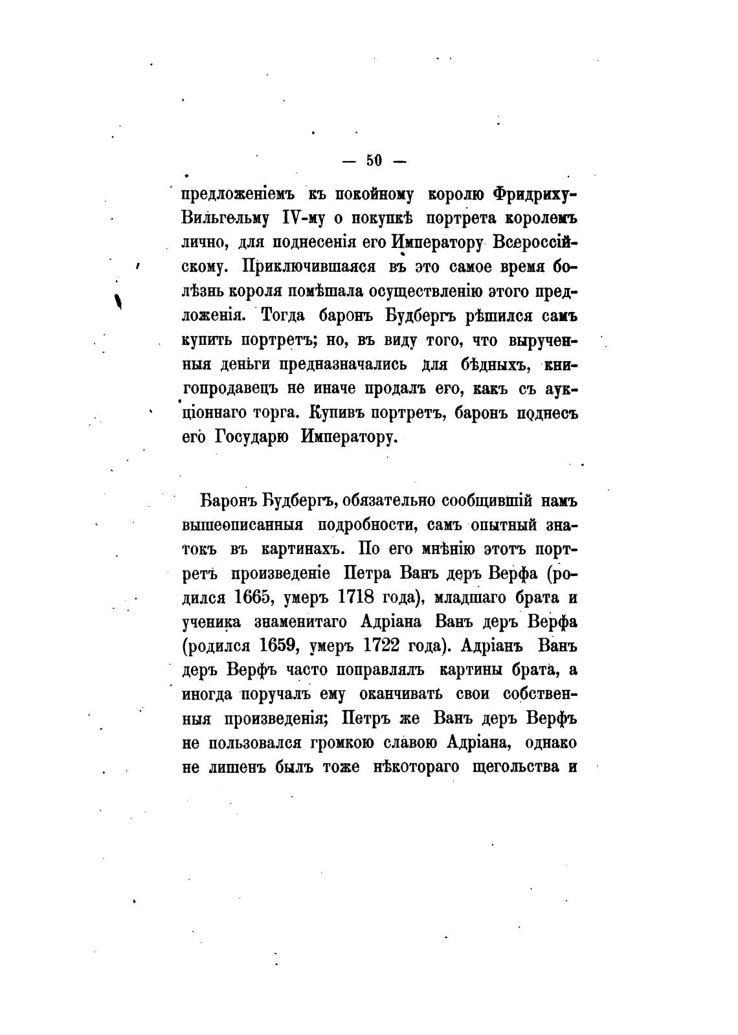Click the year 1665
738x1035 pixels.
point(257,597)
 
